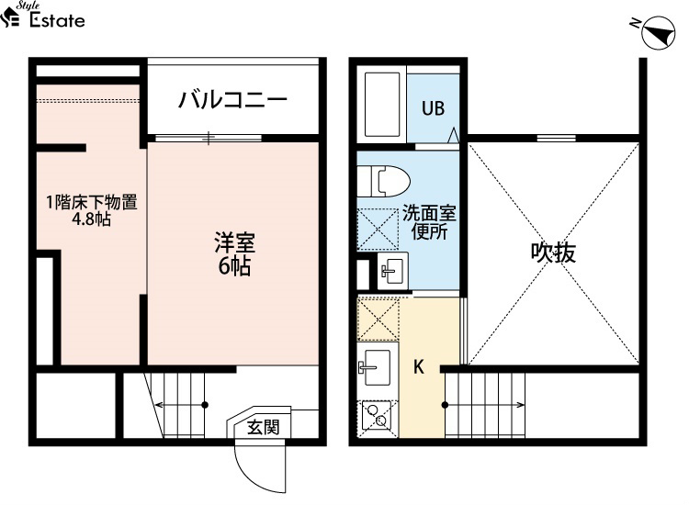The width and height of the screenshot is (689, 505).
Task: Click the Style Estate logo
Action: (42, 16)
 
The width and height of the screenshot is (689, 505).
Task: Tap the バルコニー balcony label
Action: (232, 100)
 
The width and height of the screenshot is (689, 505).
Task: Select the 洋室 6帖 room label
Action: (234, 253)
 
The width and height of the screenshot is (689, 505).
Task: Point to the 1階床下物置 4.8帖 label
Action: (92, 210)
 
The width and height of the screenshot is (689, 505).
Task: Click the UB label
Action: (433, 108)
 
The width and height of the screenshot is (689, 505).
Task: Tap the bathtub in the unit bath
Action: (382, 104)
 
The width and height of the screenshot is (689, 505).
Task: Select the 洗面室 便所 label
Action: (429, 222)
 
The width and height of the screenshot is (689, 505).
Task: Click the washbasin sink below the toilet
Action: (393, 270)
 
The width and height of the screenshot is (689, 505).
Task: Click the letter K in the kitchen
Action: (419, 366)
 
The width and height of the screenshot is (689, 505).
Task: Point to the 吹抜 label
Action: (553, 252)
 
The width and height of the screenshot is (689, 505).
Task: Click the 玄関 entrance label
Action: (263, 426)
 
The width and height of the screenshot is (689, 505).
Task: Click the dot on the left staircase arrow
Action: (205, 405)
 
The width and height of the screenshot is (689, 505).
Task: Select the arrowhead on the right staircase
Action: (521, 405)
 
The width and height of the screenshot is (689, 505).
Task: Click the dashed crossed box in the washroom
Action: (378, 230)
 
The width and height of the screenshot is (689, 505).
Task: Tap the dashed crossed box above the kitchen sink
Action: (378, 320)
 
